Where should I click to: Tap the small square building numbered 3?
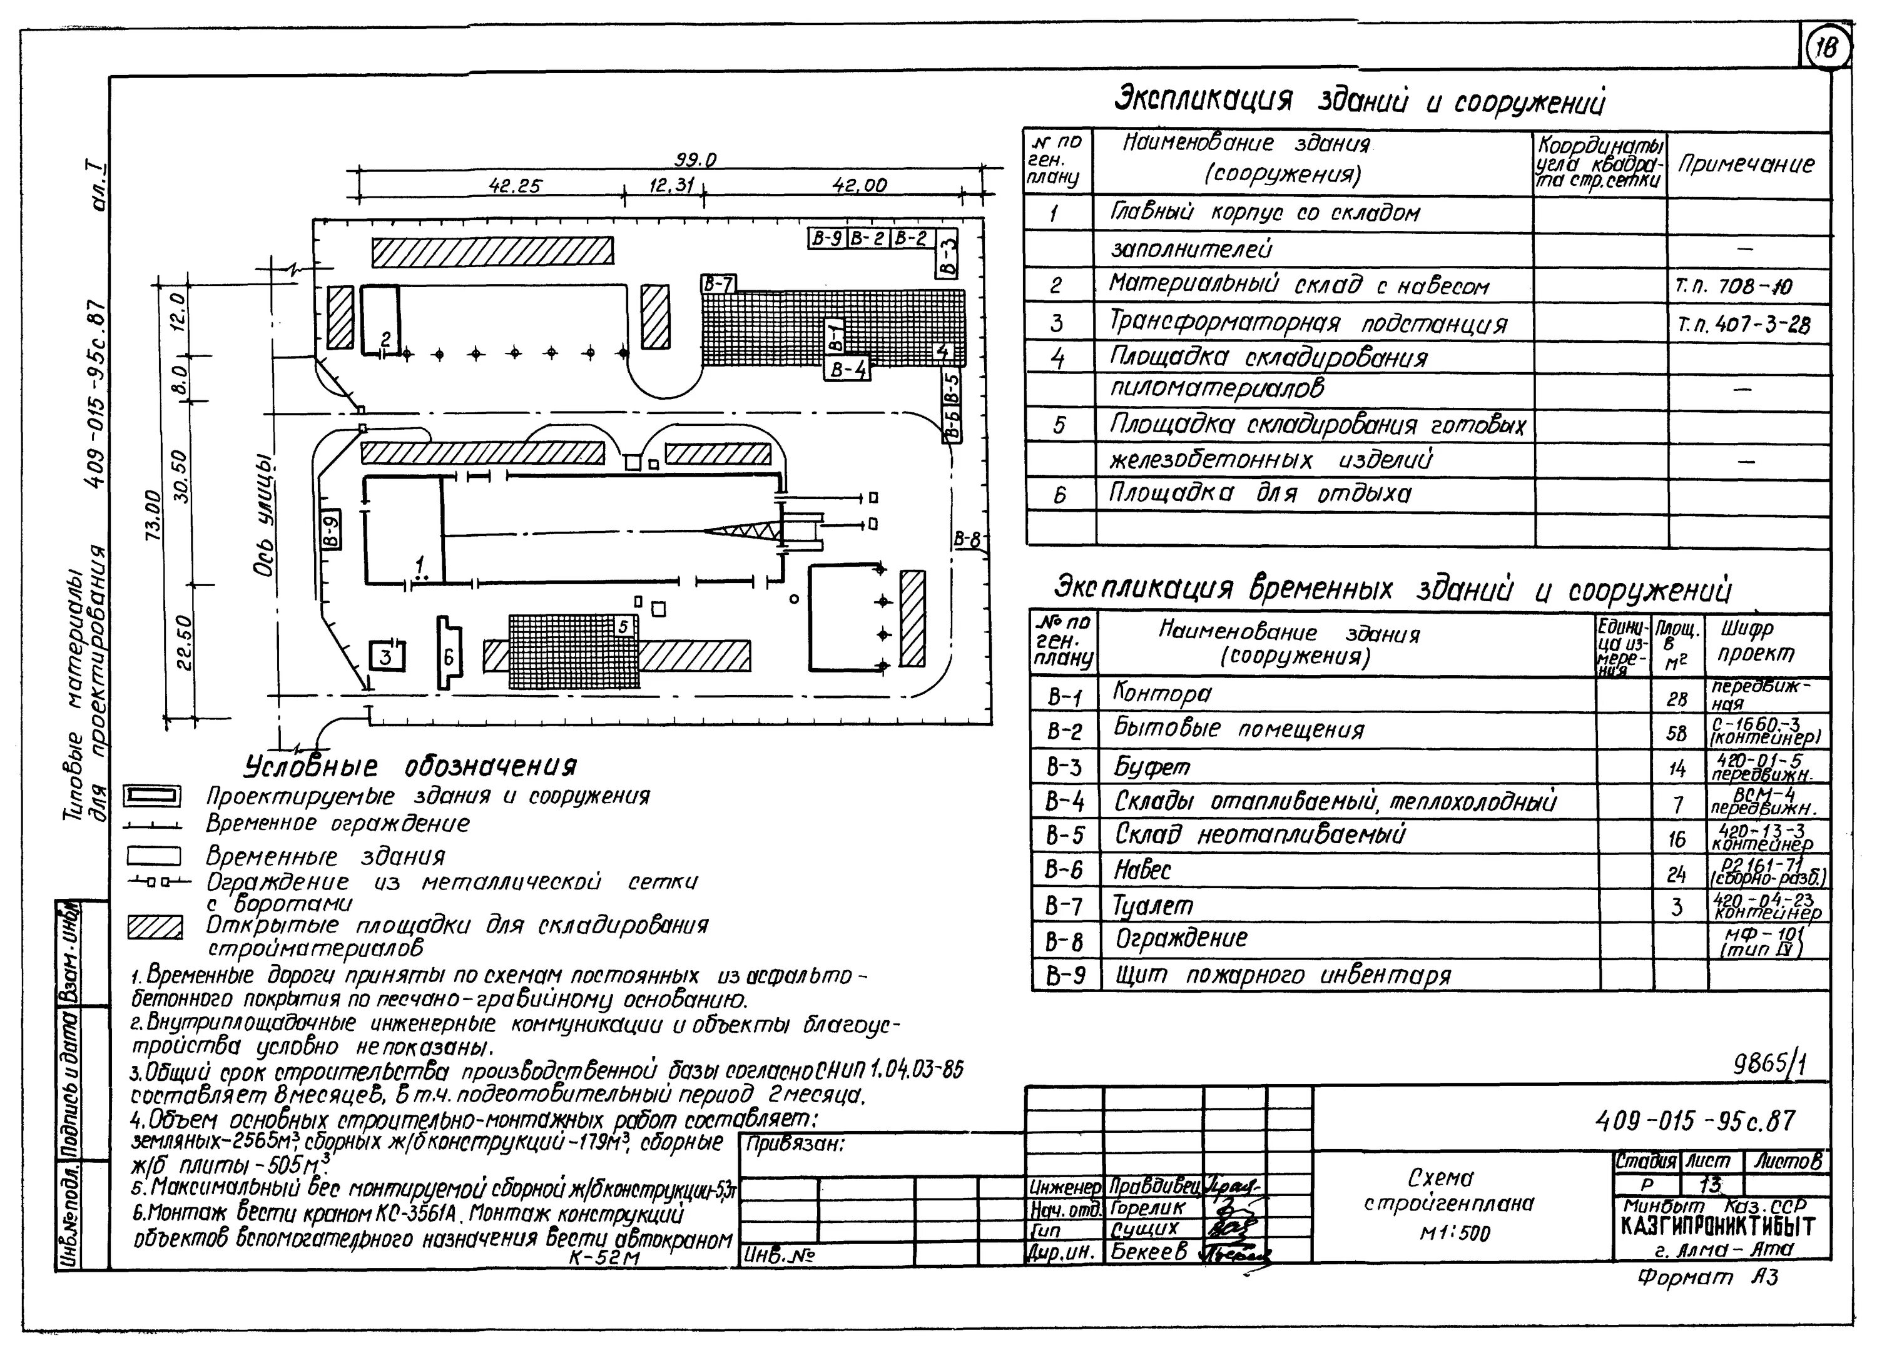pyautogui.click(x=385, y=656)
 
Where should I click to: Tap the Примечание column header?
pyautogui.click(x=1746, y=165)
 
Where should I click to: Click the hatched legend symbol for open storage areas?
pyautogui.click(x=154, y=928)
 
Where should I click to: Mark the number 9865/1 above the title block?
pyautogui.click(x=1769, y=1064)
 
